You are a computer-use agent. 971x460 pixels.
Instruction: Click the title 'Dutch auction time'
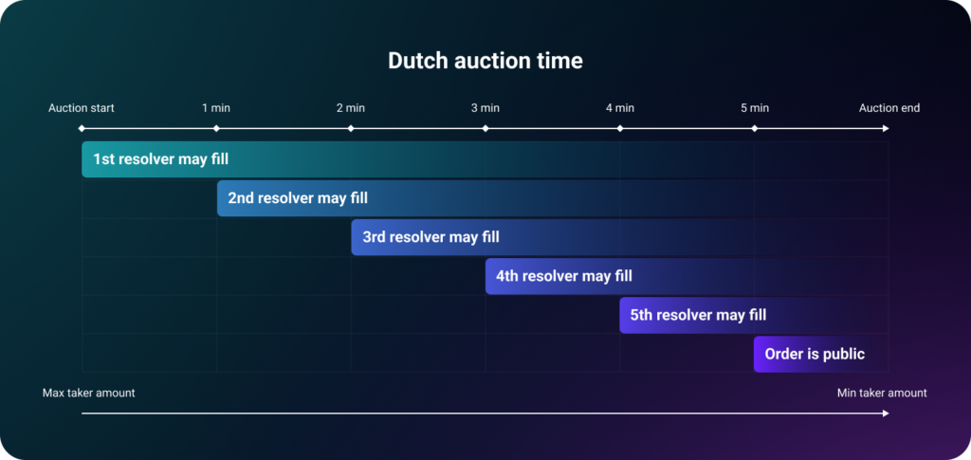point(485,61)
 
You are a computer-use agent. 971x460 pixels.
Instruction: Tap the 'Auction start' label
point(82,108)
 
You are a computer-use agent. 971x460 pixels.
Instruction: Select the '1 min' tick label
point(216,108)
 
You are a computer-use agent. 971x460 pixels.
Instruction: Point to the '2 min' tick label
point(351,108)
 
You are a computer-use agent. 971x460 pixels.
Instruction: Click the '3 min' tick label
point(485,108)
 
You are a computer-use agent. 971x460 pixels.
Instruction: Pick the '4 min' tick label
point(620,108)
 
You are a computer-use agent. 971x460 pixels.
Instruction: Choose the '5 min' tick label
point(754,108)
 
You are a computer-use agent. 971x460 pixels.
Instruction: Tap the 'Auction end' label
point(889,108)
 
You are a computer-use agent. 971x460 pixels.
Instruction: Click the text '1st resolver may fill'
point(161,159)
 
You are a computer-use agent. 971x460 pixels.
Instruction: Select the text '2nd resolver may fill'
point(298,198)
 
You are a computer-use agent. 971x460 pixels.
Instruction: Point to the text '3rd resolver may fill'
point(431,237)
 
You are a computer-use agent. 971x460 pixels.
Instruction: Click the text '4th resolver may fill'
point(564,275)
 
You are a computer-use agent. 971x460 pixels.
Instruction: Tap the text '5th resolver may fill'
point(699,315)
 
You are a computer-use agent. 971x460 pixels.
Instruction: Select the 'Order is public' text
point(815,354)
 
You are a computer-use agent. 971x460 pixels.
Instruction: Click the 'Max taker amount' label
point(88,393)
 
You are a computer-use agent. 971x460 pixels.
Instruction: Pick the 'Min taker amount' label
point(882,393)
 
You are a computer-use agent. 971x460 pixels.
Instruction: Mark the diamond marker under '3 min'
point(485,129)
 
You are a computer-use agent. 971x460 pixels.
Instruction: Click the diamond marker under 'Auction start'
point(82,129)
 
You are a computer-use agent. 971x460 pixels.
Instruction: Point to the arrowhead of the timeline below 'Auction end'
point(886,129)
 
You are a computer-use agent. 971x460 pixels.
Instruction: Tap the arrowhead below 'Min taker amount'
point(886,413)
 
